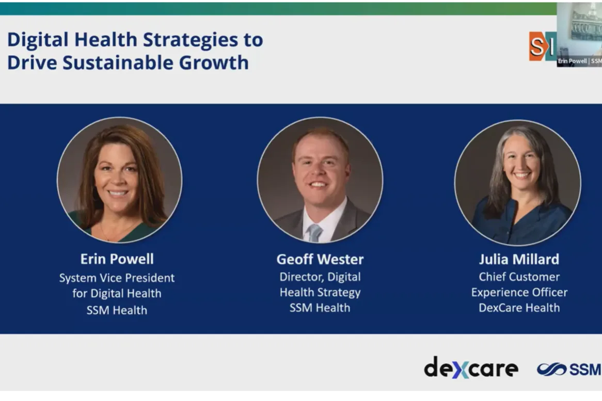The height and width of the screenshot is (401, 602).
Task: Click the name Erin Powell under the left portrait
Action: [117, 259]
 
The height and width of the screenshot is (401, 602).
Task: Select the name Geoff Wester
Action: [320, 259]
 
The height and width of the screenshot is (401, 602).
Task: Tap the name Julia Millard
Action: [519, 259]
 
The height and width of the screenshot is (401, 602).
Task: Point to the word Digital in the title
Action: [39, 39]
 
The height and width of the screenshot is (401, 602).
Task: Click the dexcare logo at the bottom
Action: [470, 368]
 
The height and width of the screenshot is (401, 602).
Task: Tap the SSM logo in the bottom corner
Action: [569, 369]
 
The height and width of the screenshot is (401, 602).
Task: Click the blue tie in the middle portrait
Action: [314, 232]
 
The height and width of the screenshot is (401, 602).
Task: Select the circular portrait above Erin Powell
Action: [119, 180]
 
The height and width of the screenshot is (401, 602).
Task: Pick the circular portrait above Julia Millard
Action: [517, 182]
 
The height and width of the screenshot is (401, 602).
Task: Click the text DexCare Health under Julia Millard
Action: [519, 308]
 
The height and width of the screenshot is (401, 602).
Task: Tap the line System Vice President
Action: [117, 278]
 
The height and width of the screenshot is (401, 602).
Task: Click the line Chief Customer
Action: [519, 277]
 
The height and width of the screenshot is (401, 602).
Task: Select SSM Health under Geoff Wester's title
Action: [320, 308]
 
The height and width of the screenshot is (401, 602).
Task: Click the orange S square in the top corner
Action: [537, 46]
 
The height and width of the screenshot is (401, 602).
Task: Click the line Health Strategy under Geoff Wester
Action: [320, 292]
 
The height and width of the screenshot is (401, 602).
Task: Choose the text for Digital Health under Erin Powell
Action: [117, 293]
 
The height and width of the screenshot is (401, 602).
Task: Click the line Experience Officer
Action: [519, 292]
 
